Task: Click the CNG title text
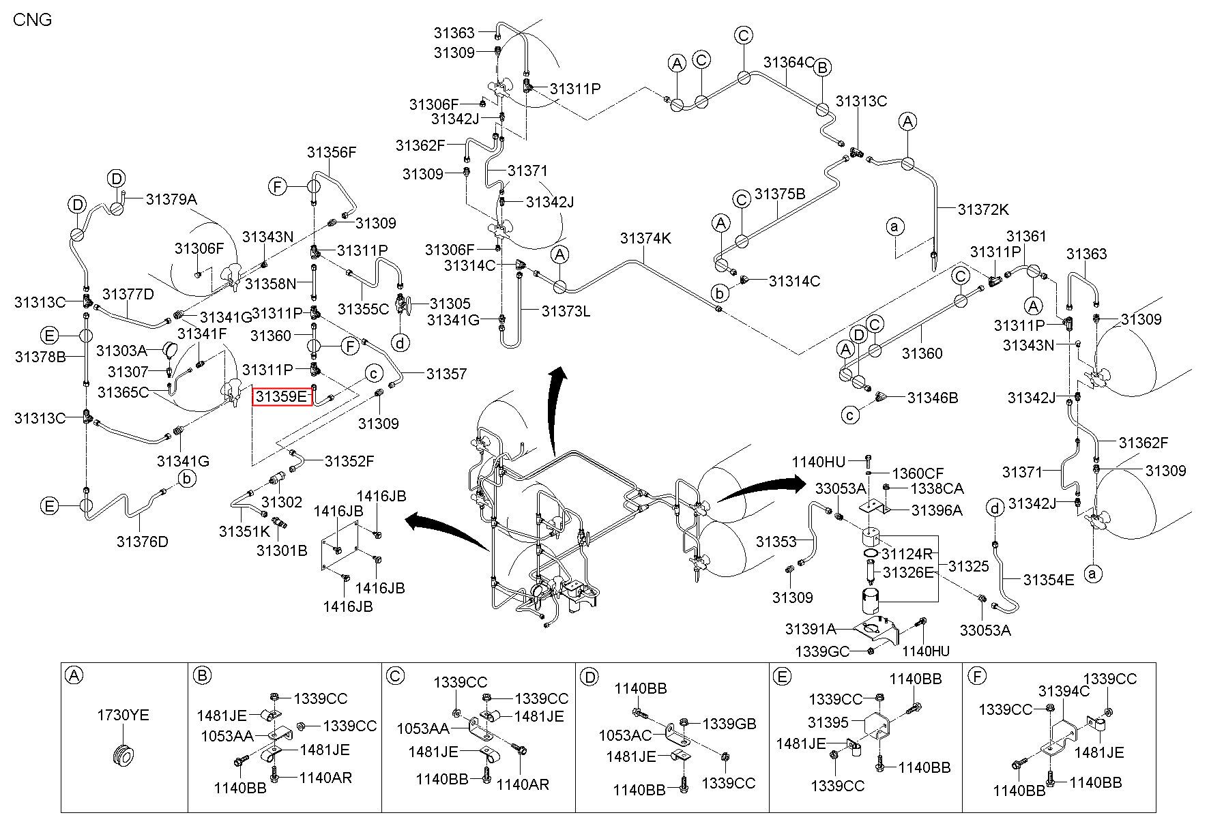coord(33,19)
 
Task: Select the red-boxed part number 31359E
coord(282,396)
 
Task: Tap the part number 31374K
coord(645,239)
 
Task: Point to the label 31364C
coord(789,62)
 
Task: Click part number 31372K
coord(983,209)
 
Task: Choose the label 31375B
coord(780,194)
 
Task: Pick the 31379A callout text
coord(171,199)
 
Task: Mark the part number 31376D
coord(142,542)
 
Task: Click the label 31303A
coord(121,351)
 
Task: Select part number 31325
coord(968,566)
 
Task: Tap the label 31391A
coord(811,628)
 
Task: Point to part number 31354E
coord(1049,580)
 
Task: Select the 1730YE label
coord(123,716)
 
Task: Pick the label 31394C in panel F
coord(1064,692)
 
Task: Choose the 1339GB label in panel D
coord(729,724)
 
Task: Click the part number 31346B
coord(933,398)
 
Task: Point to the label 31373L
coord(566,311)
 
